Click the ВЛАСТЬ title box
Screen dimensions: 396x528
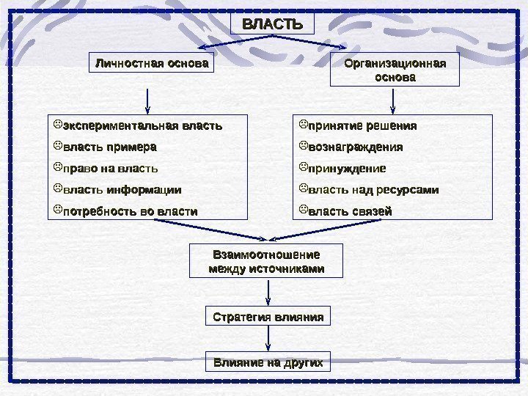pyautogui.click(x=272, y=24)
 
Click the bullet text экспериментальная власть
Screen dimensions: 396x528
pyautogui.click(x=142, y=125)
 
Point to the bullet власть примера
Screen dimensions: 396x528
pyautogui.click(x=110, y=147)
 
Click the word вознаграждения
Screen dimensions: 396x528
pyautogui.click(x=355, y=147)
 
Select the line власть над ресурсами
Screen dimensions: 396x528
pyautogui.click(x=373, y=190)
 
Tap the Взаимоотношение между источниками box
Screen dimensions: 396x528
pyautogui.click(x=266, y=262)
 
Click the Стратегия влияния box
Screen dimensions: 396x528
pyautogui.click(x=268, y=318)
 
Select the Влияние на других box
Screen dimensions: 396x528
pyautogui.click(x=268, y=362)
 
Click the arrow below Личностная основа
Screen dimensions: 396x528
pyautogui.click(x=149, y=98)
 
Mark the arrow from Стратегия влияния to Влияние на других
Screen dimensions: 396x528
pyautogui.click(x=268, y=340)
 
